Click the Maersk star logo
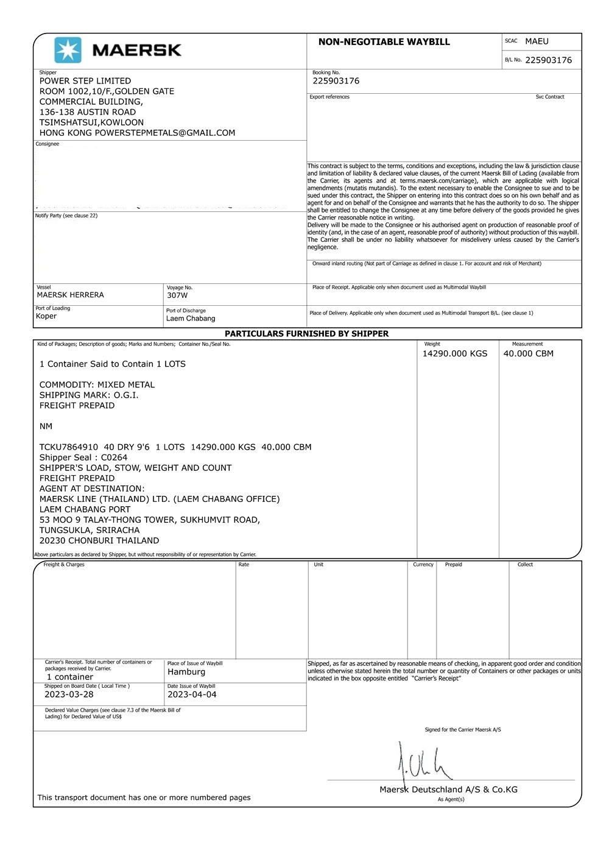pos(68,50)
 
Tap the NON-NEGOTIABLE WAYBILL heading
pos(384,42)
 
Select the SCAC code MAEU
pos(537,41)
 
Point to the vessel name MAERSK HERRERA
pos(70,295)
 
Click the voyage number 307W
pos(177,295)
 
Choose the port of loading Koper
pos(46,316)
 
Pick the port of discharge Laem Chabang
pos(191,319)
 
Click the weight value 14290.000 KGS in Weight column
pos(455,353)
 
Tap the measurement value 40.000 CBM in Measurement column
pos(528,353)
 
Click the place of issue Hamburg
pos(186,672)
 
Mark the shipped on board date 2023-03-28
pos(69,694)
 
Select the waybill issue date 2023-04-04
pos(192,694)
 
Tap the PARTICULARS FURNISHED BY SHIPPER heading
pos(306,334)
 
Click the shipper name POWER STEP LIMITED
pos(85,81)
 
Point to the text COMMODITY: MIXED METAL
pos(97,385)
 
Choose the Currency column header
pos(423,565)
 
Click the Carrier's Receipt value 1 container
pos(70,677)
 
